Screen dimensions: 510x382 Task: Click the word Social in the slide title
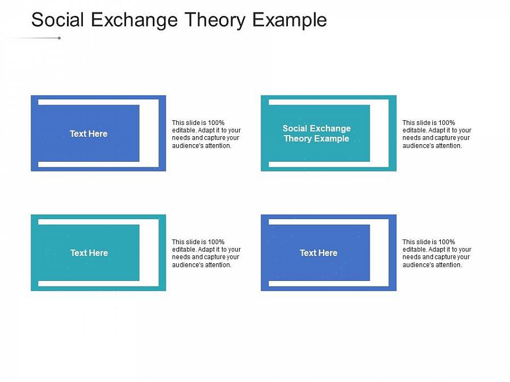57,19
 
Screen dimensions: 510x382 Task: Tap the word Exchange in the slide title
135,19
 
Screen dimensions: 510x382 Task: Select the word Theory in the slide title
215,20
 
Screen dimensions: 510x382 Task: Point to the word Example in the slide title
290,20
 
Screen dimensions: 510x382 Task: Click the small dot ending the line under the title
59,38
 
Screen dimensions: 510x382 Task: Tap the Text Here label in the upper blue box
89,133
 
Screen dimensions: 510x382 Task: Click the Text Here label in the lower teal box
89,253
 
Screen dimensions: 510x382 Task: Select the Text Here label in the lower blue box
319,253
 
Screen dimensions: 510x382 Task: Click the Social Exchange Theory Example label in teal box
316,133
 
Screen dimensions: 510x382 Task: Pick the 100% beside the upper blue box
216,123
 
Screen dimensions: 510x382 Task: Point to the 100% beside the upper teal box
446,123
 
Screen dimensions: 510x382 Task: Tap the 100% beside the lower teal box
216,242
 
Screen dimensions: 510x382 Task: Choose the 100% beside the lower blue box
446,242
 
